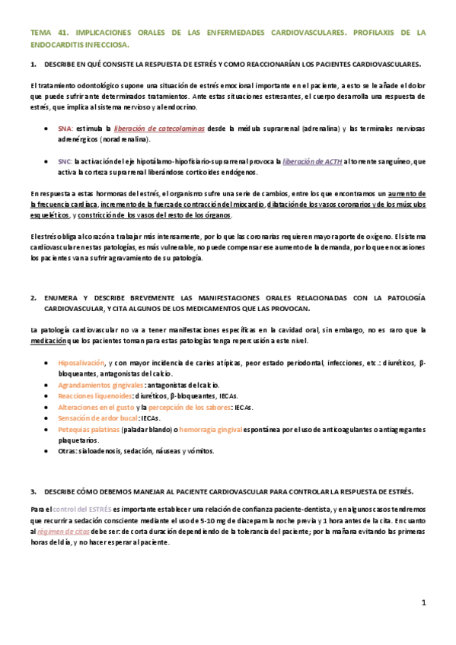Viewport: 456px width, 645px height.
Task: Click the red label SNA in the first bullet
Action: (x=65, y=130)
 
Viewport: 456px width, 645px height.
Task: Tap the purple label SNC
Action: (x=65, y=162)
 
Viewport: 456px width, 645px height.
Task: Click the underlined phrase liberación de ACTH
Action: (x=311, y=162)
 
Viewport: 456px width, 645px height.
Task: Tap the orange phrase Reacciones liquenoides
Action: (x=90, y=397)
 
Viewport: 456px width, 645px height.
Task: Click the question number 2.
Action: (x=33, y=297)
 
